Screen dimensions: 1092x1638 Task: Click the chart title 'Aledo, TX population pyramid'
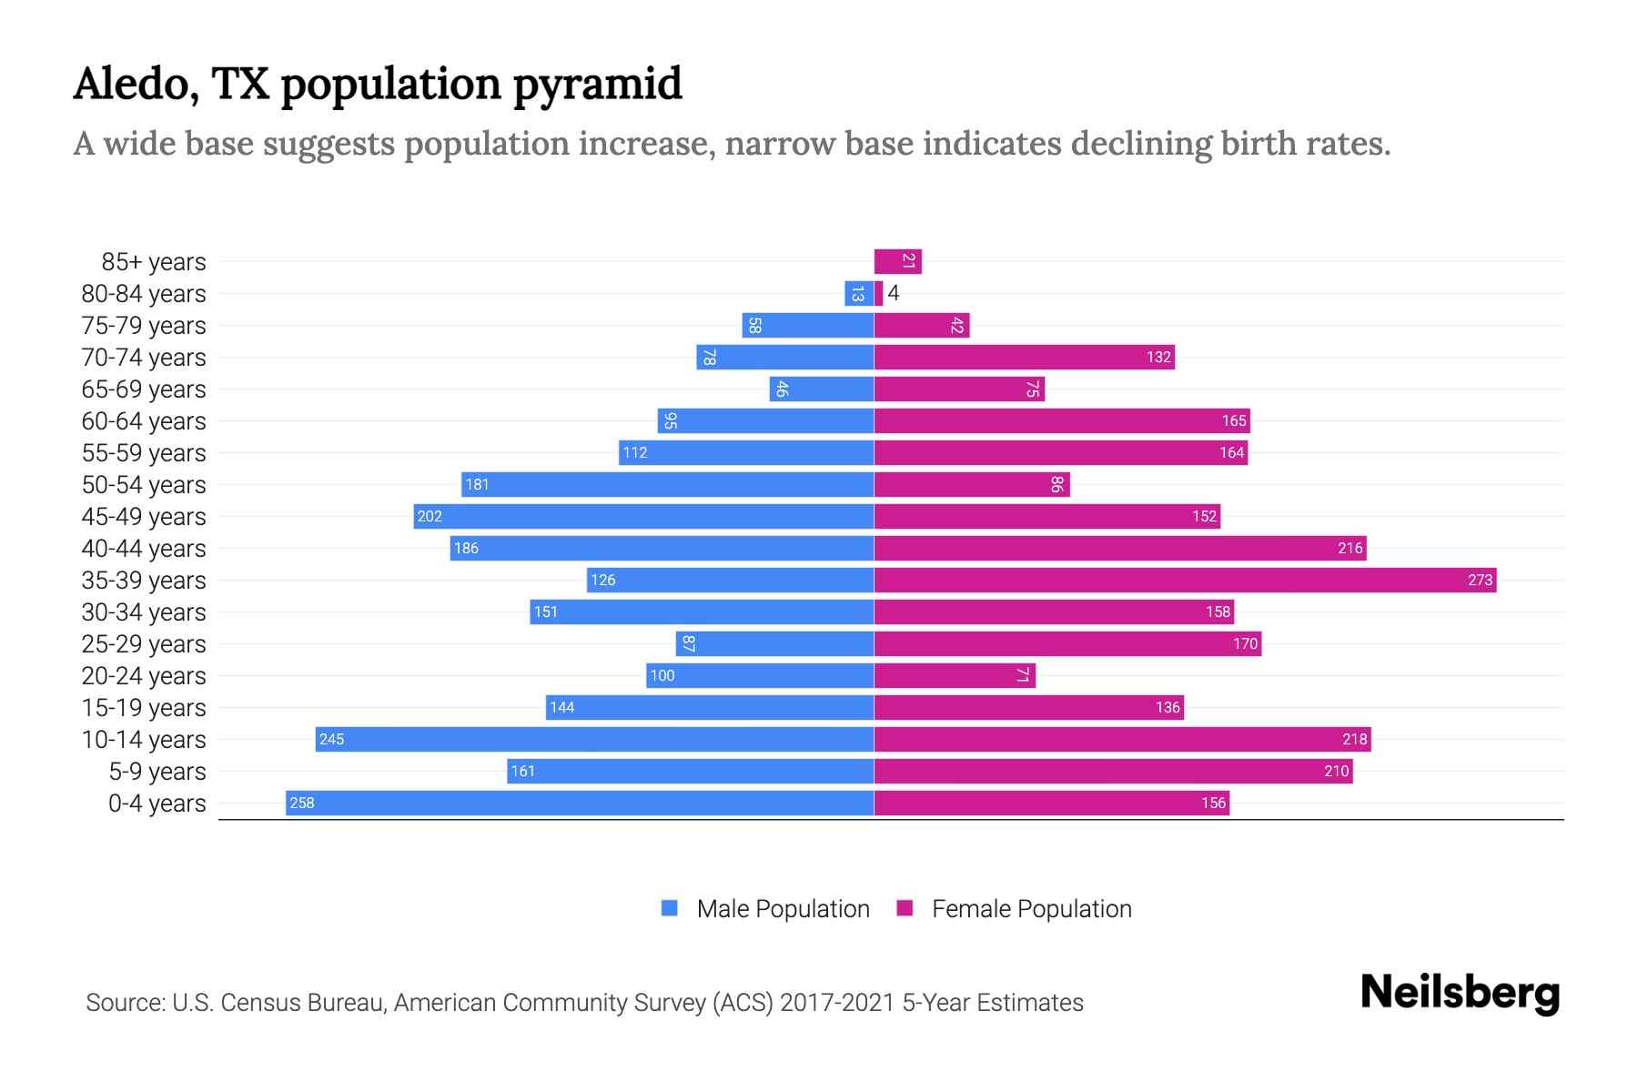(x=377, y=84)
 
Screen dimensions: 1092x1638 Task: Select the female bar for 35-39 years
(x=1183, y=580)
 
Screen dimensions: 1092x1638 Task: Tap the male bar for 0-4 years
(x=580, y=803)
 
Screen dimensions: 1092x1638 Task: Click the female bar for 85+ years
(x=897, y=261)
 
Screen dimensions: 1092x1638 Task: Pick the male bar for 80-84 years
(x=858, y=293)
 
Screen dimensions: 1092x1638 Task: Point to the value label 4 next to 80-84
(x=894, y=293)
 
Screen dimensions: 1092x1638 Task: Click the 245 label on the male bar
(x=332, y=739)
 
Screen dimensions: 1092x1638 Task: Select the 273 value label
(x=1480, y=580)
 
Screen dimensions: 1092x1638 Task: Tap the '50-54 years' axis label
(x=144, y=484)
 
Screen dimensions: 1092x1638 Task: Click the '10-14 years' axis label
(x=144, y=739)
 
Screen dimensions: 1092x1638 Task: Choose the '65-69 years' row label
(x=144, y=389)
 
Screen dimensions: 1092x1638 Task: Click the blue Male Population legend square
(x=670, y=908)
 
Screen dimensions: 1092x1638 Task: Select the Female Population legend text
(x=1031, y=908)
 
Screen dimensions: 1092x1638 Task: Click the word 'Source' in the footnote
(x=125, y=1002)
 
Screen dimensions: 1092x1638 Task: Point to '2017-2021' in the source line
(x=836, y=1002)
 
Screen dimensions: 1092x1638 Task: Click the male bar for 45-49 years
(x=643, y=516)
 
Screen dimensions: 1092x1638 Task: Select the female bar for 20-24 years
(x=954, y=675)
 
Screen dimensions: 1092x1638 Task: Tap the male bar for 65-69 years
(x=821, y=389)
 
